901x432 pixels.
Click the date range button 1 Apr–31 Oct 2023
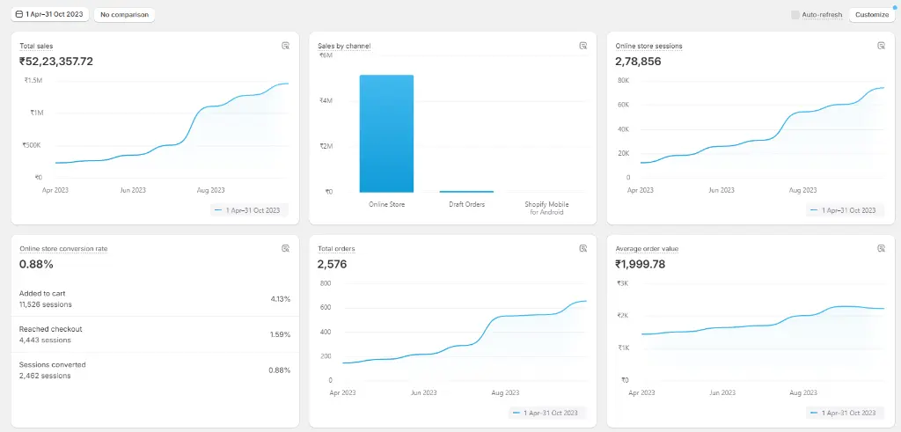pos(49,14)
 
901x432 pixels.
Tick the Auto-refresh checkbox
pos(795,15)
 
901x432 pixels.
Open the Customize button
pos(872,15)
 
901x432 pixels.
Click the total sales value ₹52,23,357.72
pos(56,62)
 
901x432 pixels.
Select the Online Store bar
pos(386,133)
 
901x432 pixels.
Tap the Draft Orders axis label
pos(466,204)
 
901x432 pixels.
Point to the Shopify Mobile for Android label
pos(546,208)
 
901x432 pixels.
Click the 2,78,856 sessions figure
pos(639,62)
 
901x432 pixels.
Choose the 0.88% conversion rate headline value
pos(36,264)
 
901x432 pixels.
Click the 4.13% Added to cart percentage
pos(281,299)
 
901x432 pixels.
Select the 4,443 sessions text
pos(45,340)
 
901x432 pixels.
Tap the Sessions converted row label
pos(52,365)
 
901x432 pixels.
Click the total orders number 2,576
pos(332,264)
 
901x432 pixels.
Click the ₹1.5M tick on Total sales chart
pos(33,80)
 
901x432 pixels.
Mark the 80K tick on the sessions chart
pos(624,80)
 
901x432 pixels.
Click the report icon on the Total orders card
pos(583,248)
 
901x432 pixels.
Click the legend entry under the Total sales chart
pos(249,210)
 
